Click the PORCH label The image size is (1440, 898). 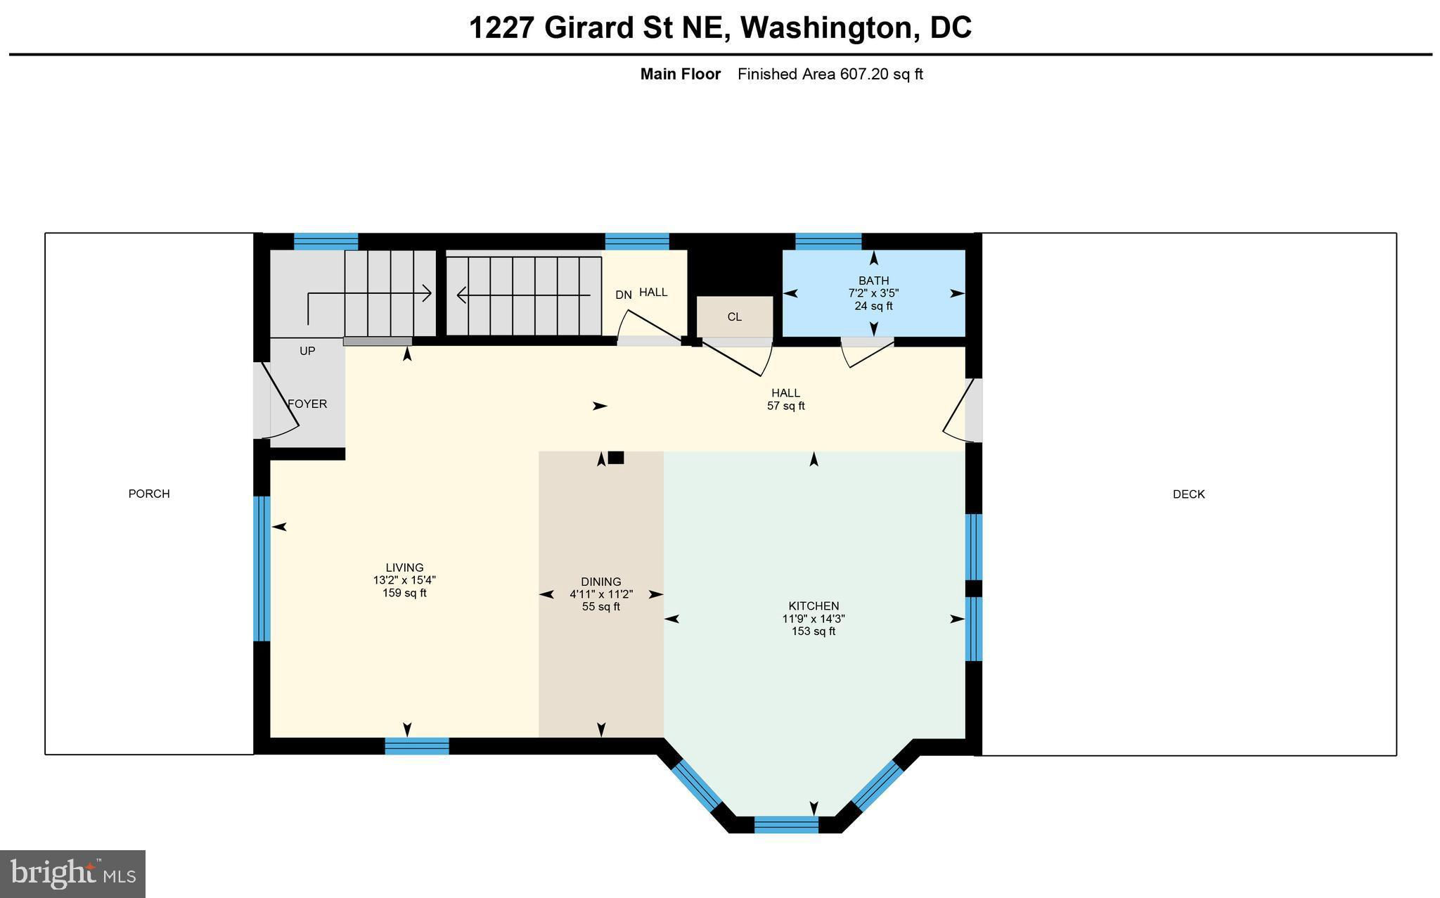point(149,494)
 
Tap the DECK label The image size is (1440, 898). point(1189,494)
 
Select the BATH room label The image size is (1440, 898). point(873,281)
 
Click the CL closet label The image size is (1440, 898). point(735,317)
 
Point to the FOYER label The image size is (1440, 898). point(307,404)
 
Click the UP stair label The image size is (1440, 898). point(307,351)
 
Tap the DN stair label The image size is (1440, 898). point(624,295)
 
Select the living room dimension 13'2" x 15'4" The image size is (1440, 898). point(404,580)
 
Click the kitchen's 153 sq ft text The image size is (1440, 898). point(814,631)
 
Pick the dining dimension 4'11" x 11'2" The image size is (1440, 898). point(601,594)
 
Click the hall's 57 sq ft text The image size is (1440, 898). point(785,406)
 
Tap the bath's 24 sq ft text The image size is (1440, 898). point(873,306)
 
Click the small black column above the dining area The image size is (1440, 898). point(616,458)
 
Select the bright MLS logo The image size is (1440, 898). point(73,874)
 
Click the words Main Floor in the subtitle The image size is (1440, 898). point(680,74)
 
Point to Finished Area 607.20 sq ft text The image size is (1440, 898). point(830,74)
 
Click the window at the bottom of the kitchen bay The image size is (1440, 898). point(786,824)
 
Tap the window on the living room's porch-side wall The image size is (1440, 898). point(262,569)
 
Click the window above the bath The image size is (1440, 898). point(828,241)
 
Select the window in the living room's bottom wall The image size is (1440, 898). point(417,746)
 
